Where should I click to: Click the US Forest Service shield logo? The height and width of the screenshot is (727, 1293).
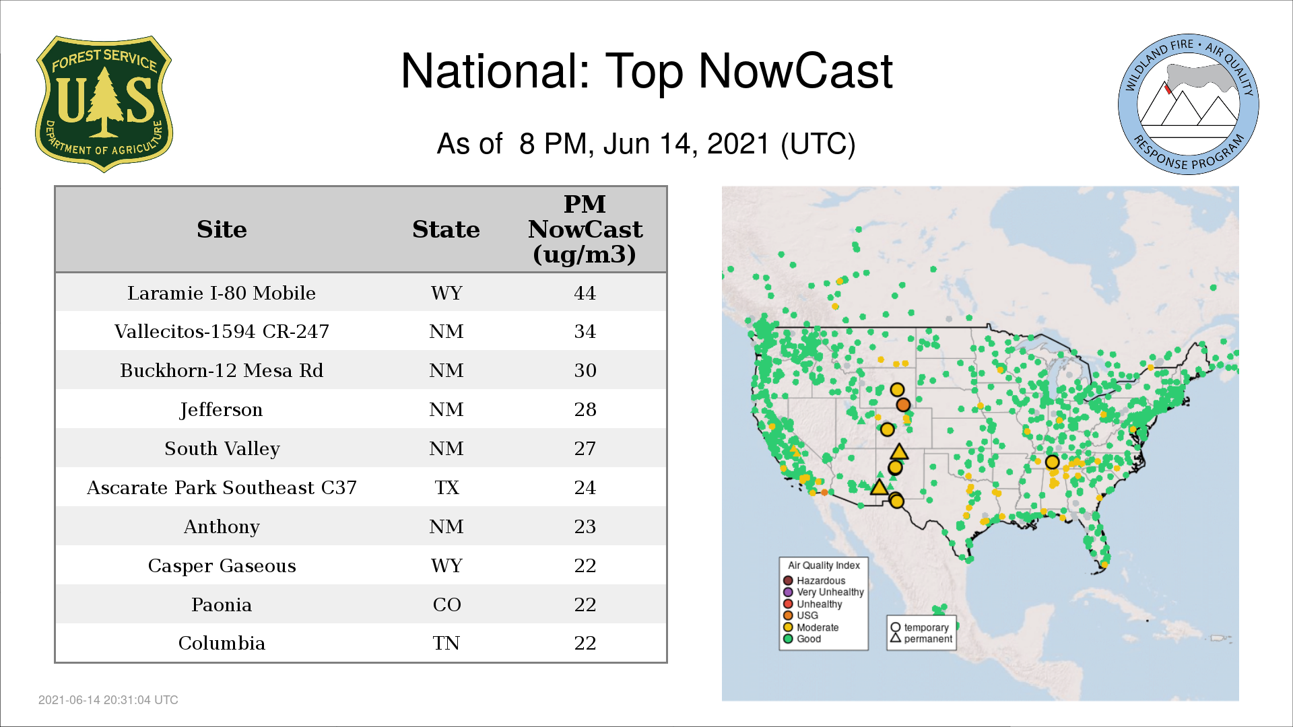click(104, 104)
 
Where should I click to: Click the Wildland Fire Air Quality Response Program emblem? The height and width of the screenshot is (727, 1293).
click(1189, 104)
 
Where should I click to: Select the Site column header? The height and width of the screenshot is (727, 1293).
click(222, 230)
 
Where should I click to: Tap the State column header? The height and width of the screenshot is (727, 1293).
click(446, 230)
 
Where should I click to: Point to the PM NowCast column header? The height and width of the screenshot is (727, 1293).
click(585, 229)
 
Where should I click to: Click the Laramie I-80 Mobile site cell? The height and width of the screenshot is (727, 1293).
click(222, 293)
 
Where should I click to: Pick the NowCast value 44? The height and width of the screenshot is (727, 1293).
click(585, 293)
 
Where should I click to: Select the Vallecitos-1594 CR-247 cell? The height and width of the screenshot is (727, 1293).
click(222, 331)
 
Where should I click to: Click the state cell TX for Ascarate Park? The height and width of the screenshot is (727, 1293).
click(446, 487)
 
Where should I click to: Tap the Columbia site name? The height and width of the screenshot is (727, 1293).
click(222, 643)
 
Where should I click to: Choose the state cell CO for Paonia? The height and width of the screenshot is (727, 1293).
click(446, 604)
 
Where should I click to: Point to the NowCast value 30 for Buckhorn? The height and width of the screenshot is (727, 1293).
click(585, 370)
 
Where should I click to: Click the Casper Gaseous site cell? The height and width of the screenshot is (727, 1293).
click(222, 565)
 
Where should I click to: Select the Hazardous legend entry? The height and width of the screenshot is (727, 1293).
click(814, 580)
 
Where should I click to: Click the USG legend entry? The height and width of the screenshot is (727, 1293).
click(801, 615)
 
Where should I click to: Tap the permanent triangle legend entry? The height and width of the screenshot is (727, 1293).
click(921, 639)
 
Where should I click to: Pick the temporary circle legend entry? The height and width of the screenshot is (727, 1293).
click(920, 627)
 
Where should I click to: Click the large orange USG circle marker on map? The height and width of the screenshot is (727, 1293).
click(903, 405)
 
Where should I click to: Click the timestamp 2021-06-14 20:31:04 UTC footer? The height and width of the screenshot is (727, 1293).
click(108, 700)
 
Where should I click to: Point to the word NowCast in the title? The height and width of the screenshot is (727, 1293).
click(795, 71)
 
